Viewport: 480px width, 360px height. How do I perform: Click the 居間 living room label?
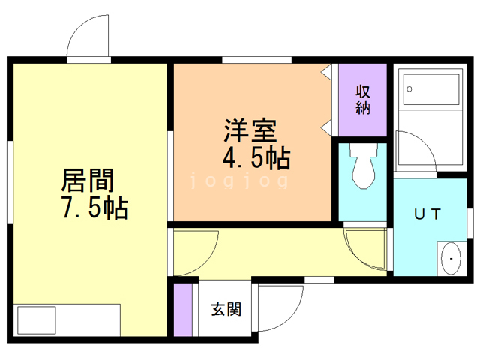click(88, 181)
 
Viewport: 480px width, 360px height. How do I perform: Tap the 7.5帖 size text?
click(94, 208)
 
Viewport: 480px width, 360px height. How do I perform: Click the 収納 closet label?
click(363, 99)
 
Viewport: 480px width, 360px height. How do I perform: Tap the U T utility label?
click(427, 214)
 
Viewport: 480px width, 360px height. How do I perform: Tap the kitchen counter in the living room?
click(67, 319)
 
